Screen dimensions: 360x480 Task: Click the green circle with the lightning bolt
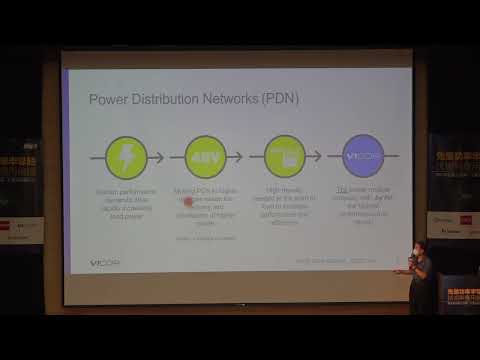coord(126,156)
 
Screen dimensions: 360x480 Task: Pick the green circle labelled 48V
coord(205,156)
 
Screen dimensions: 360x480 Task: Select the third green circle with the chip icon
coord(284,156)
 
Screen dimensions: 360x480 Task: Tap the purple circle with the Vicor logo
coord(363,156)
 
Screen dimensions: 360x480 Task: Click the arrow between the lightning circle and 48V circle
coord(166,156)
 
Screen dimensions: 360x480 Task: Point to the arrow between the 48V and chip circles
coord(245,156)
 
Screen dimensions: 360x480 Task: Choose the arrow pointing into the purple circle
coord(324,156)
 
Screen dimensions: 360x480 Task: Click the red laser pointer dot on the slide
coord(187,201)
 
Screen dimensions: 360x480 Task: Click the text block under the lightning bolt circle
coord(126,203)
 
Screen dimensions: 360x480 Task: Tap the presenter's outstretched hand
coord(398,270)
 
